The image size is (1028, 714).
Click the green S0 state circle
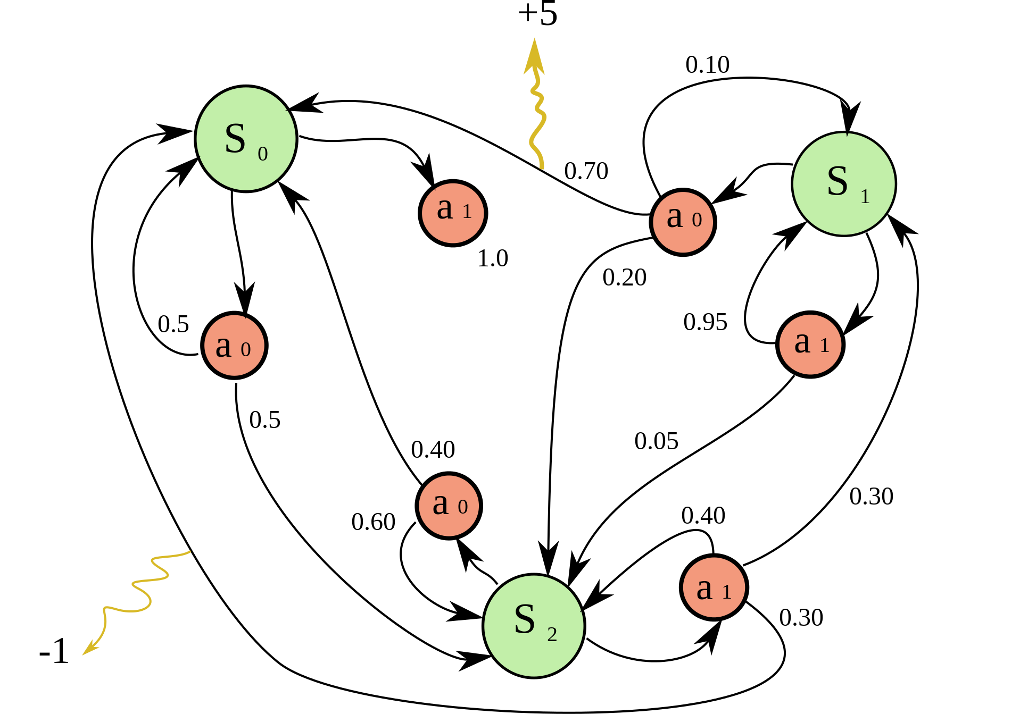[246, 139]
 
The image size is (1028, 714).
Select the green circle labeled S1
[844, 183]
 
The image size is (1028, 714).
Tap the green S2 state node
[534, 626]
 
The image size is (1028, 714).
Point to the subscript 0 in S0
[263, 154]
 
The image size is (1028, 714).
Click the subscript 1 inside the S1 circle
[865, 197]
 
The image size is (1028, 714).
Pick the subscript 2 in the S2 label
[552, 635]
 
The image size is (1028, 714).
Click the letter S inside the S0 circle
[235, 139]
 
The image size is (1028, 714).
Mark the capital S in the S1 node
[838, 181]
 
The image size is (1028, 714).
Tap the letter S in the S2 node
[525, 619]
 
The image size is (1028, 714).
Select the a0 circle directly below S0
[234, 346]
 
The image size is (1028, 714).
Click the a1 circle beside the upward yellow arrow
[453, 213]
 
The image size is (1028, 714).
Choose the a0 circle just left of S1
[683, 222]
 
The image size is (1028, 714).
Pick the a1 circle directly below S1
[810, 345]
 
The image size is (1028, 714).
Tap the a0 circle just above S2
[449, 506]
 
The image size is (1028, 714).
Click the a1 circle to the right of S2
[714, 587]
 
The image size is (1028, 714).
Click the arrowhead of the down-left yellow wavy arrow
[88, 650]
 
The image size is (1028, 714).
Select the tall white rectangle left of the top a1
[392, 284]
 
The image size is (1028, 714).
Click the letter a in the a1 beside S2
[704, 590]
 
